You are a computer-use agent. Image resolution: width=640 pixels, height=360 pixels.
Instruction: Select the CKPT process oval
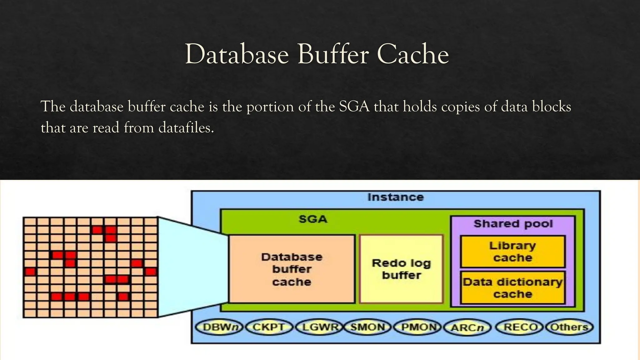[x=269, y=327]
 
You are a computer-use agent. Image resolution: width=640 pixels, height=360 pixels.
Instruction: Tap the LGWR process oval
[x=318, y=327]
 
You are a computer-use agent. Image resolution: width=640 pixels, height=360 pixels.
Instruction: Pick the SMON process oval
[x=367, y=327]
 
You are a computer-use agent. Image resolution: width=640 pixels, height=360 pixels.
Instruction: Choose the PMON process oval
[x=418, y=327]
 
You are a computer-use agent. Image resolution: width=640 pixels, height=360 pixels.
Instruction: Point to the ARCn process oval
[x=467, y=327]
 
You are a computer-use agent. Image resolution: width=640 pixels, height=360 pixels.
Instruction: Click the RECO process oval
[x=520, y=327]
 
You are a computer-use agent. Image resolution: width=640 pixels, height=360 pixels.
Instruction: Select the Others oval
[x=569, y=327]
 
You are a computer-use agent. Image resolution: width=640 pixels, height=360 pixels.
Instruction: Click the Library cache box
[x=512, y=252]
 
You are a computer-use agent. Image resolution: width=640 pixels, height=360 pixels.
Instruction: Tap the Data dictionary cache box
[x=512, y=288]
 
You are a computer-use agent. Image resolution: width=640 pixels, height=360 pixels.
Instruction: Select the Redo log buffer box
[x=401, y=269]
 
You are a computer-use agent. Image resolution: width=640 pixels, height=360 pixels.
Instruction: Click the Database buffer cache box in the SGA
[x=292, y=269]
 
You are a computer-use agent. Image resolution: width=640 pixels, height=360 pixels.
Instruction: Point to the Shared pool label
[x=513, y=224]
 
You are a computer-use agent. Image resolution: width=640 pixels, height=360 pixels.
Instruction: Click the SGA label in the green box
[x=313, y=219]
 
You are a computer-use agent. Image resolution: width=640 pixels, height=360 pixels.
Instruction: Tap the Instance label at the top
[x=395, y=197]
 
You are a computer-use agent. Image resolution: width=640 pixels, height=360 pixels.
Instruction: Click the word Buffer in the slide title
[x=333, y=55]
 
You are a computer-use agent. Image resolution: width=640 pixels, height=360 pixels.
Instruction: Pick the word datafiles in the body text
[x=186, y=128]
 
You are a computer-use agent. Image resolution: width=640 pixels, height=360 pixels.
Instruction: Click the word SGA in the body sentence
[x=354, y=107]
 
